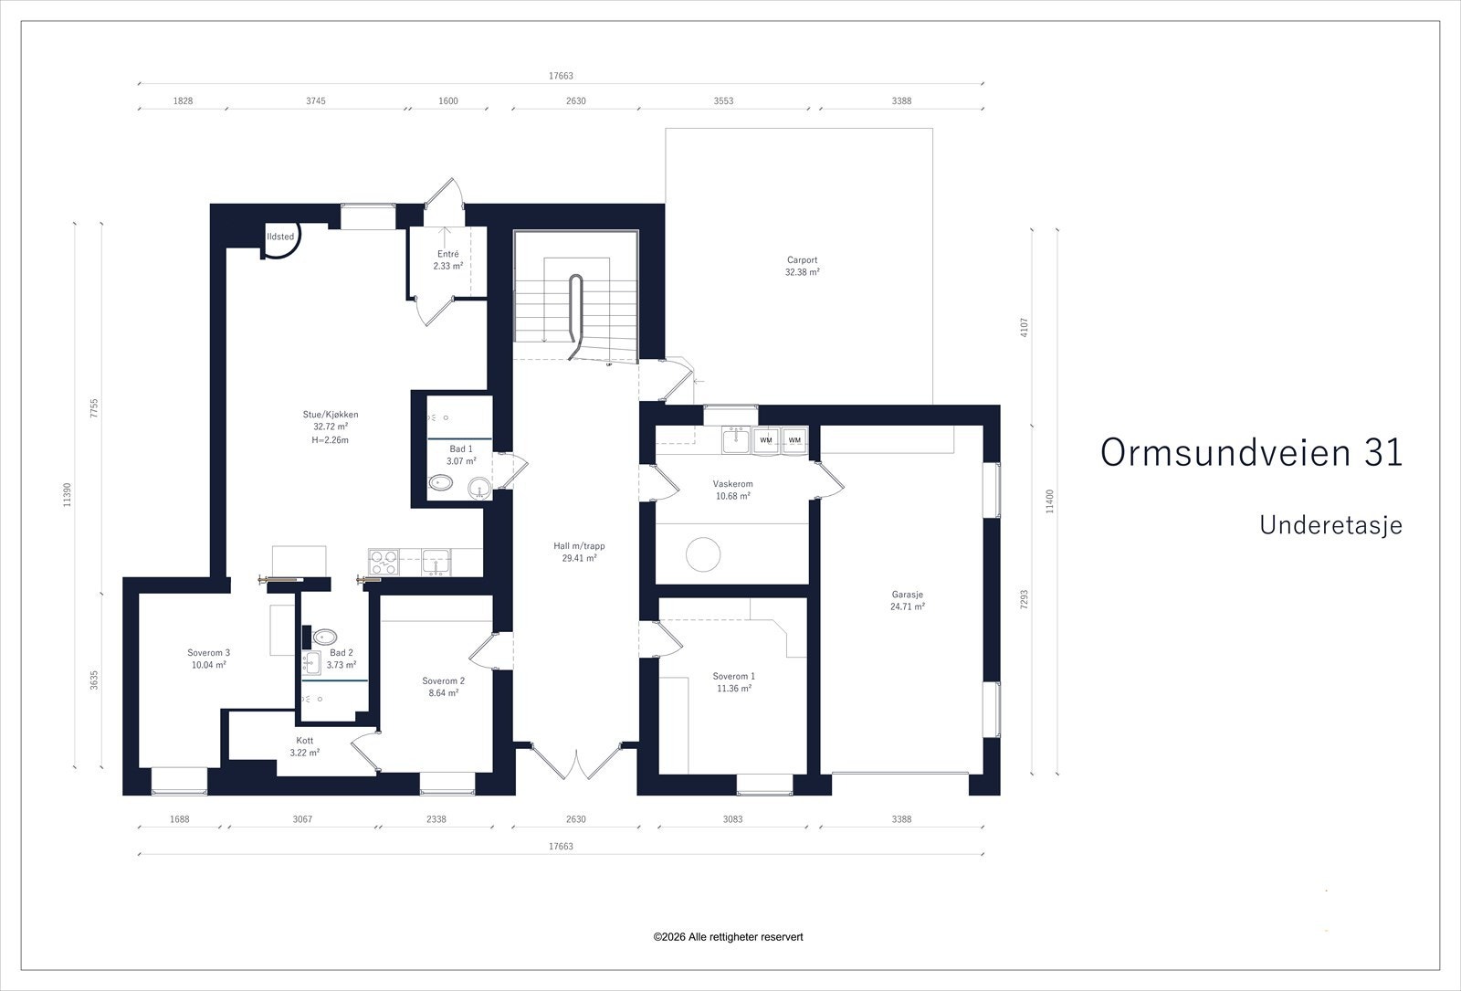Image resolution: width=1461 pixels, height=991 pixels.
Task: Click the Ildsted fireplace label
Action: [x=280, y=237]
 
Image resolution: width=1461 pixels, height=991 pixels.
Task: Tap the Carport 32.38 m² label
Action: [x=803, y=266]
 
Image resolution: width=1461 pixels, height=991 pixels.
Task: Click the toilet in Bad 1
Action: [x=441, y=483]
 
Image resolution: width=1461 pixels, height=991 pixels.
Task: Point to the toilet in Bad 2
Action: [x=325, y=637]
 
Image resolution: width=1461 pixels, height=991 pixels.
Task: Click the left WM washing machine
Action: [x=766, y=439]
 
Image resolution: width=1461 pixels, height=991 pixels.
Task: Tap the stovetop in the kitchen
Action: [x=384, y=563]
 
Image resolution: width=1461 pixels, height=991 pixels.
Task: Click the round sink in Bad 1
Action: [x=479, y=488]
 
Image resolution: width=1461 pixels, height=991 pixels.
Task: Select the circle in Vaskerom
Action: [x=703, y=554]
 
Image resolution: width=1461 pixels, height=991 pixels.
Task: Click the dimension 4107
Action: [x=1024, y=327]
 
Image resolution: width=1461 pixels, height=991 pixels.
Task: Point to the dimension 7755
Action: [x=94, y=408]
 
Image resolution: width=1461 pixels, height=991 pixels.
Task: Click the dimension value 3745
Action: [x=316, y=101]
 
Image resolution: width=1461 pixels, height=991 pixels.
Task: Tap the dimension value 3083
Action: [x=732, y=818]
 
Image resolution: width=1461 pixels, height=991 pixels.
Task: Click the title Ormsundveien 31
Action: [x=1251, y=452]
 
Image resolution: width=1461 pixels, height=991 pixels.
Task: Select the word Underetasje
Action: [x=1330, y=525]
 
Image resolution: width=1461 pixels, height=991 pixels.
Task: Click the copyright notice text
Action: [x=728, y=937]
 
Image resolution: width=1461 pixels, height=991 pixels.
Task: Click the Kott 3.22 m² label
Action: [x=305, y=746]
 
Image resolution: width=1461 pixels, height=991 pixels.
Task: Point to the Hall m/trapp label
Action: [x=579, y=546]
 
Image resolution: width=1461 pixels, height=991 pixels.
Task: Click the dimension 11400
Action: [x=1049, y=501]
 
